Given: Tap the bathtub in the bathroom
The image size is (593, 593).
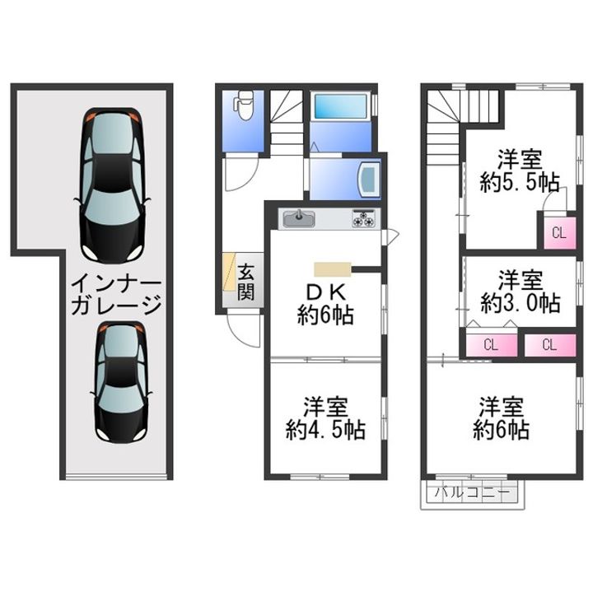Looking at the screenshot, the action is point(341,106).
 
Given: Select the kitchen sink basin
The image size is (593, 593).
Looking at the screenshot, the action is point(299,219).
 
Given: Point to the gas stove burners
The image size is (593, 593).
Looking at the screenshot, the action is point(364,218).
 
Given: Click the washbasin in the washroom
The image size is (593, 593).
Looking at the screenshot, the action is point(370,180).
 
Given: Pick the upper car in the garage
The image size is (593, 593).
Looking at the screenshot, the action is point(112,185).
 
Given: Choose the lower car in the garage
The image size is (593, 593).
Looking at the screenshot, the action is point(121,382).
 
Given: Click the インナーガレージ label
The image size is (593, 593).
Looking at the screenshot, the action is point(116,294).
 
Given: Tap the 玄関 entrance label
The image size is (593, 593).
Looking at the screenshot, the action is point(245,282).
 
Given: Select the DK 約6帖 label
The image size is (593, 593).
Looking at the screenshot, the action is point(325,305).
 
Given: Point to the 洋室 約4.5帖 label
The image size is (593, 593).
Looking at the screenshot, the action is point(325,418).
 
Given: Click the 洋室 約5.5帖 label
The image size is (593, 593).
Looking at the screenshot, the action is point(520,171).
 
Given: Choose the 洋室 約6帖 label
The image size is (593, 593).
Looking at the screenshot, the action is point(501,418).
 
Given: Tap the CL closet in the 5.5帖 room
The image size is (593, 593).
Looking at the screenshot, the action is point(560,232).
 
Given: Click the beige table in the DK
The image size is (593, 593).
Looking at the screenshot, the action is point(333,269).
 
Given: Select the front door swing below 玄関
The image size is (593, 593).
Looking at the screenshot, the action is point(243,329).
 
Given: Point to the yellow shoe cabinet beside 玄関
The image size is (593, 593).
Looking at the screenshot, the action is point(229,272).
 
